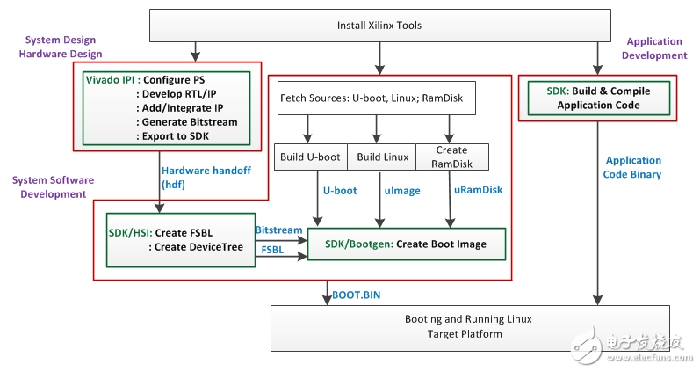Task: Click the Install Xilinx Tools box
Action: [379, 25]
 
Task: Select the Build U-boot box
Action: [309, 157]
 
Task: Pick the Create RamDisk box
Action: [451, 157]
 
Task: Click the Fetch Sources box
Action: [376, 98]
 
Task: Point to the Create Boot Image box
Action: [407, 244]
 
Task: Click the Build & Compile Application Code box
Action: [598, 98]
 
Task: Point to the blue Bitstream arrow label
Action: [278, 229]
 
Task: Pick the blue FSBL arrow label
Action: [271, 250]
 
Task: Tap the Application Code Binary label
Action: [632, 167]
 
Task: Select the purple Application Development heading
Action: [655, 48]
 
